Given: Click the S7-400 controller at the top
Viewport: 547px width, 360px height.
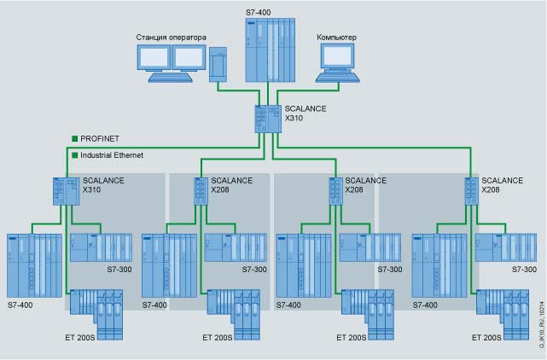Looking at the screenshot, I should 270,50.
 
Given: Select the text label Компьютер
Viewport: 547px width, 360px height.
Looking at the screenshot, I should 336,38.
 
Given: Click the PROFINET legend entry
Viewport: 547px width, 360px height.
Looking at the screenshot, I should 95,137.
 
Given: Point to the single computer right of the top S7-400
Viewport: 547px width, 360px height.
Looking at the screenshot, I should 338,63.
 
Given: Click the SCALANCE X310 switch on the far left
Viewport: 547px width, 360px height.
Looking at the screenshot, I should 65,190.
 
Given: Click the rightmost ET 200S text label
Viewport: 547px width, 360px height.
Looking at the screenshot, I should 486,338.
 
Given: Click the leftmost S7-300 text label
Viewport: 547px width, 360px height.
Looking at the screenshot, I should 119,270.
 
